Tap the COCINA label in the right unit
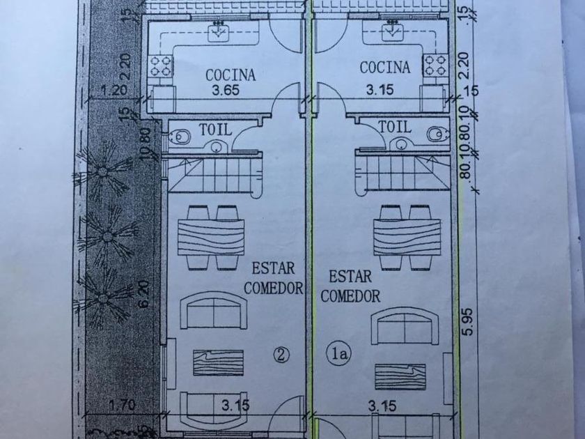click(x=384, y=68)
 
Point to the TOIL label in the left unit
click(x=215, y=129)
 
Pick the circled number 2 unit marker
click(x=281, y=355)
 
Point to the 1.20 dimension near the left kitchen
click(x=114, y=90)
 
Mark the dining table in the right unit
click(x=403, y=237)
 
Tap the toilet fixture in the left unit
click(x=178, y=135)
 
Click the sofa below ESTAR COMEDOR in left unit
click(x=214, y=310)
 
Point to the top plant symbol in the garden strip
click(x=104, y=171)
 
